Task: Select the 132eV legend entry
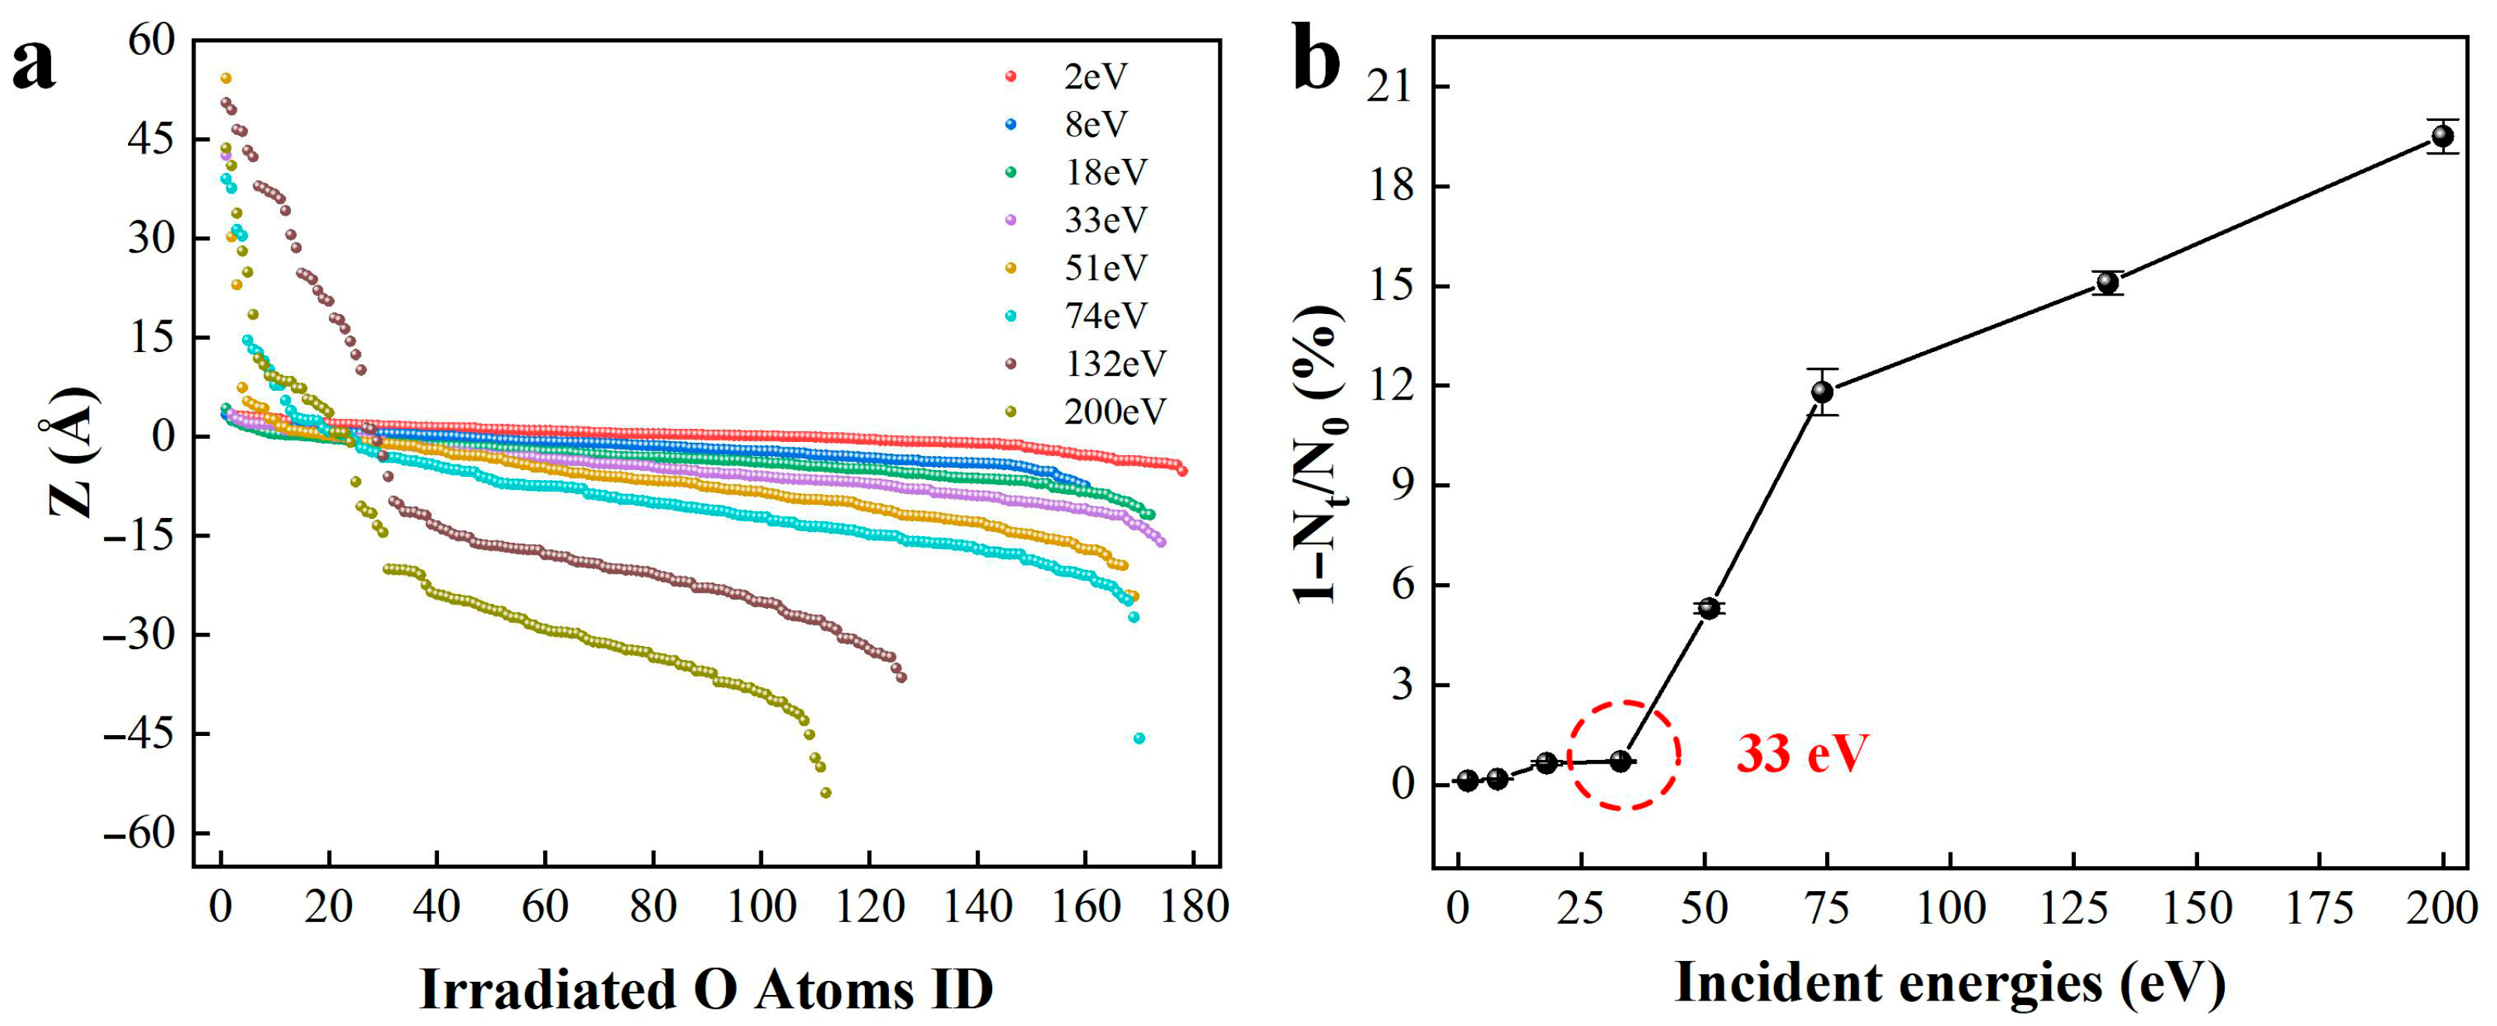(1115, 363)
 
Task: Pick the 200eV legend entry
(1115, 412)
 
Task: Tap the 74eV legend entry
(1105, 316)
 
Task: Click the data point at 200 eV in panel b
(2443, 136)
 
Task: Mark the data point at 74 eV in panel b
(1822, 392)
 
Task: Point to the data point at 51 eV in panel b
(1709, 607)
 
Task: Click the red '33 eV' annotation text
(1802, 754)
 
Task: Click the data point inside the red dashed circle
(1620, 762)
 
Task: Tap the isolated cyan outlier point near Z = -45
(1139, 738)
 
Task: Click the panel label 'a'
(34, 65)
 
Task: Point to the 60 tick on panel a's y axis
(151, 40)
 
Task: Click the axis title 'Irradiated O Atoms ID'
(706, 990)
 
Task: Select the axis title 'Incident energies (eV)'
(1950, 983)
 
